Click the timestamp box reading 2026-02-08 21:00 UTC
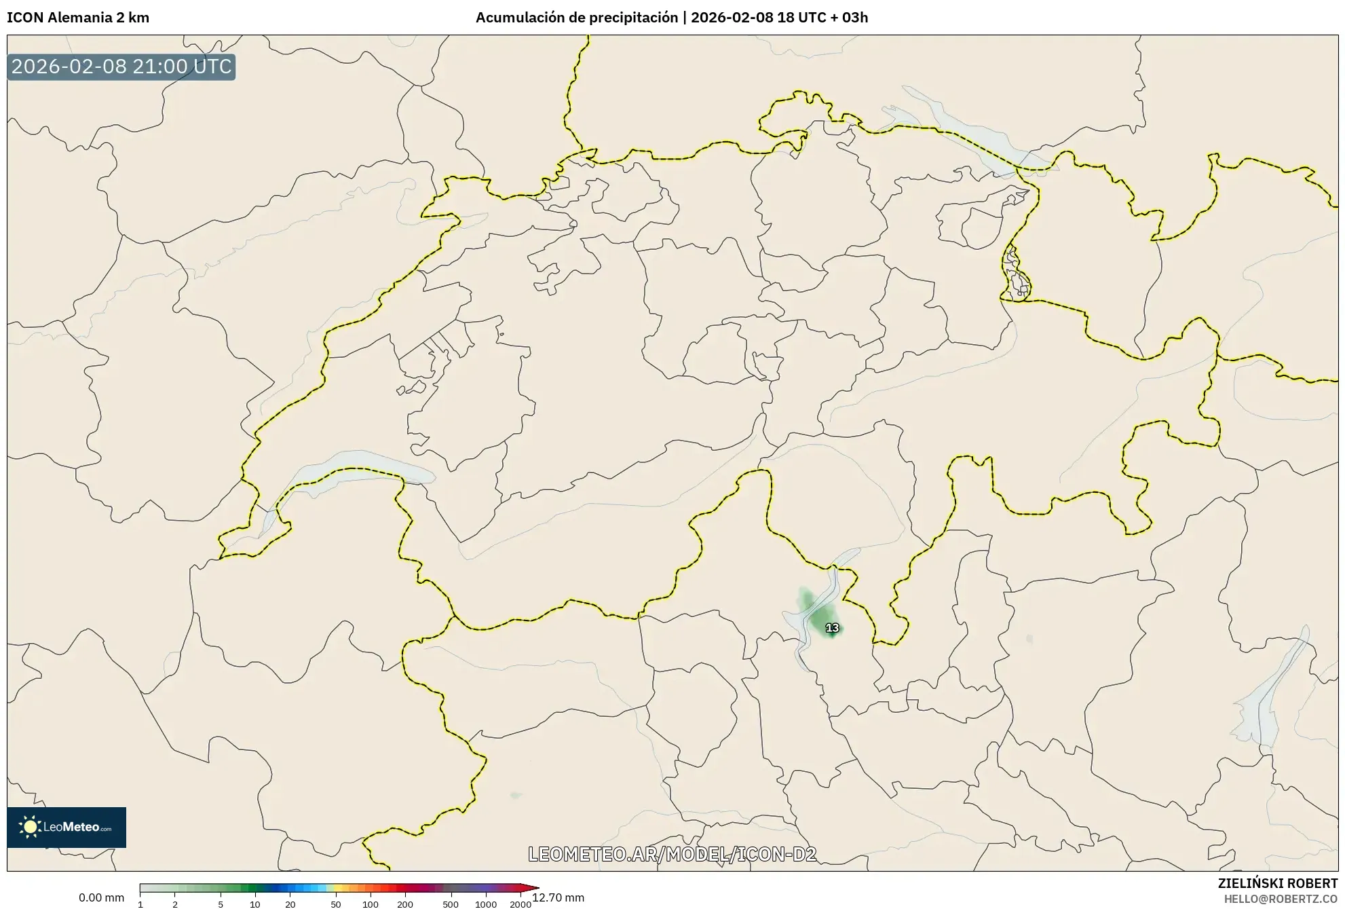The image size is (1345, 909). (121, 67)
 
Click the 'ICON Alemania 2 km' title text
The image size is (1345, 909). (78, 18)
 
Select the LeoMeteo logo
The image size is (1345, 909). (67, 827)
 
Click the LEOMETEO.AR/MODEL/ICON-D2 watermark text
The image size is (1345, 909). (672, 854)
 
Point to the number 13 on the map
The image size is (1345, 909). (832, 628)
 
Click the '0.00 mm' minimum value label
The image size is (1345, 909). (101, 898)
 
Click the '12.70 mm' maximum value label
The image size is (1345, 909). (558, 898)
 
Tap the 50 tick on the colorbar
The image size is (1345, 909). (335, 904)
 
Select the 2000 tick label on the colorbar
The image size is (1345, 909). (520, 904)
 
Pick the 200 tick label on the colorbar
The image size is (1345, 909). (405, 904)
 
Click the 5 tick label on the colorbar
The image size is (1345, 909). (221, 904)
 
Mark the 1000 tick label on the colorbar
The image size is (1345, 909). (486, 904)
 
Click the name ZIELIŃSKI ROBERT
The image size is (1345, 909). (1278, 883)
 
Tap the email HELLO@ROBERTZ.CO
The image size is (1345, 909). (1281, 899)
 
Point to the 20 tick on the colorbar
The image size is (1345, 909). (290, 904)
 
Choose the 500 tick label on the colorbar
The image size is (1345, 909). (451, 904)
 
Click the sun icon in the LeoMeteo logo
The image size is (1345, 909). (30, 827)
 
